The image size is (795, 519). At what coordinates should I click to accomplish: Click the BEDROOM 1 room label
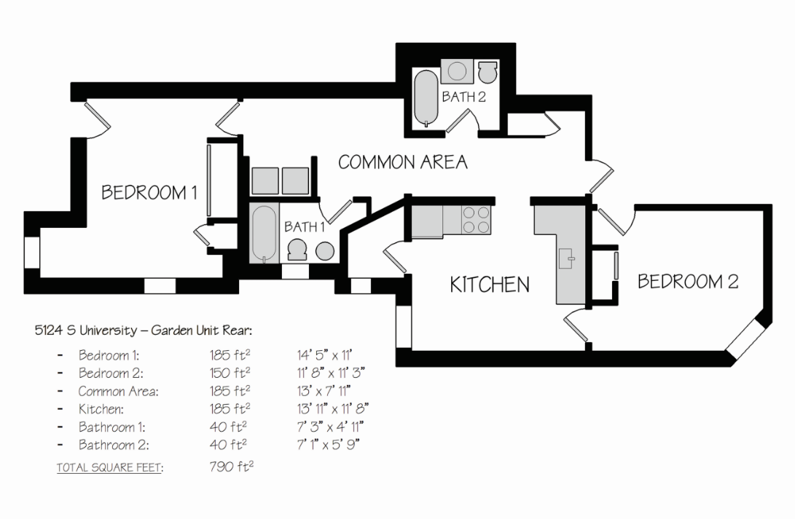149,193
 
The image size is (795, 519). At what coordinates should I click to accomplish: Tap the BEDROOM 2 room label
688,282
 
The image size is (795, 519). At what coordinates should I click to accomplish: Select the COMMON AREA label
403,162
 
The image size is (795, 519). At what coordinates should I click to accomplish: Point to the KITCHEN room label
490,284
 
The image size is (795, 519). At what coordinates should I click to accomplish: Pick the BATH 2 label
463,97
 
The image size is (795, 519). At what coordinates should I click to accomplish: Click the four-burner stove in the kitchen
476,220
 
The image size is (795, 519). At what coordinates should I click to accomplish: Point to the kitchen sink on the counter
565,257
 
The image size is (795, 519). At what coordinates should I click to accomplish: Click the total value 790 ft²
231,466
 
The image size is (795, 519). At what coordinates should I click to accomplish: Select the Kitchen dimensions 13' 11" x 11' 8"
331,409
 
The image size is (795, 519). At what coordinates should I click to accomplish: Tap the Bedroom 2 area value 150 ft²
230,373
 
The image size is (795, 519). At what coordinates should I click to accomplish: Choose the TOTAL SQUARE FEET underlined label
109,467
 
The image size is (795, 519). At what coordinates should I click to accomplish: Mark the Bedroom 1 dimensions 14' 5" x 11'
324,356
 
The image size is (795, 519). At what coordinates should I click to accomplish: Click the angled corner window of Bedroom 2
745,338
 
